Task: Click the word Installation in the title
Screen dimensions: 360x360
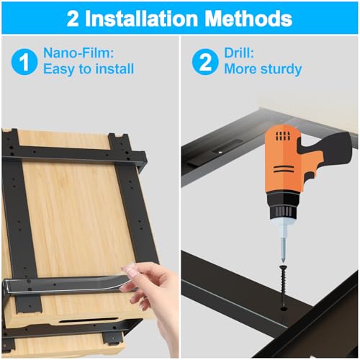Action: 142,19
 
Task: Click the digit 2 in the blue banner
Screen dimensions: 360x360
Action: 73,19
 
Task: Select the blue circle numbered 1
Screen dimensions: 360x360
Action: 24,62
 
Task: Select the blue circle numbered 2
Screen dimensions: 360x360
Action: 205,62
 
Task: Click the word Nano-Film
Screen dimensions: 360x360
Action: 78,53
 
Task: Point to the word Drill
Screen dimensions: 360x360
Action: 239,53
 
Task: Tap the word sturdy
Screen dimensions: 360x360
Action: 281,70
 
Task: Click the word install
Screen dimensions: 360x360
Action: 114,69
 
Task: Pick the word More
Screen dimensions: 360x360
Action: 241,69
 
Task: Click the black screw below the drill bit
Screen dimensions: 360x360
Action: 284,285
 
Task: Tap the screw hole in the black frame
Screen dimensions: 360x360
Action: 284,308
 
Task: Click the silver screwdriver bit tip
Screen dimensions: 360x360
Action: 283,251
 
